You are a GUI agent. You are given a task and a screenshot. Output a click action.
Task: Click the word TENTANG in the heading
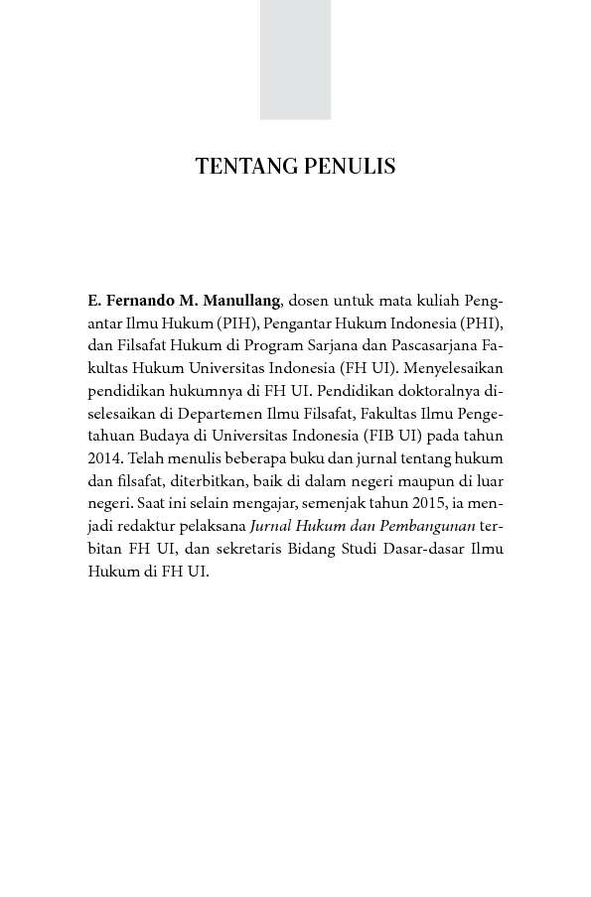(237, 166)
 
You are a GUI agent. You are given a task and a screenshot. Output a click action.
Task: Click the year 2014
(102, 458)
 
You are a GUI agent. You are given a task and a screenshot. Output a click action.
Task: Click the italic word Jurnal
(274, 527)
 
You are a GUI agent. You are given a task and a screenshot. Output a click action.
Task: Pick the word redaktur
(153, 527)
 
